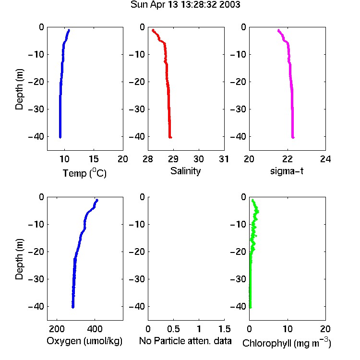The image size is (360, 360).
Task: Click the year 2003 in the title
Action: [229, 4]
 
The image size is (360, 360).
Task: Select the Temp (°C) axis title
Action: [84, 173]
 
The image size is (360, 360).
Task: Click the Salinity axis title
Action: [185, 171]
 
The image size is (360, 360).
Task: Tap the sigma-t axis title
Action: [287, 171]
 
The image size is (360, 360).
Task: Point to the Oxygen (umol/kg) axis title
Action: [84, 341]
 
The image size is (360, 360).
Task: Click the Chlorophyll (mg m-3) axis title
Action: [287, 343]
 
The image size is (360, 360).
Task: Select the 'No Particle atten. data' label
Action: [185, 341]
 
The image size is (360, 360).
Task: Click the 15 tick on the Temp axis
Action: [94, 159]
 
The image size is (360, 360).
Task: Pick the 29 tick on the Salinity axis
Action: [173, 159]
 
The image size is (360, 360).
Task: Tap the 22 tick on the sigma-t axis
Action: [287, 159]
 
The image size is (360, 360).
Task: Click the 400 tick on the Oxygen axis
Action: [95, 329]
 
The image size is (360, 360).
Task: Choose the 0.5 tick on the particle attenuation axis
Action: [173, 329]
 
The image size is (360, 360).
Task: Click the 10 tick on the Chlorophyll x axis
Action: [287, 329]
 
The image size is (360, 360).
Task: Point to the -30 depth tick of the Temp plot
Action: [36, 109]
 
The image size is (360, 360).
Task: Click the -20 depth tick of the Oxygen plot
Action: [36, 252]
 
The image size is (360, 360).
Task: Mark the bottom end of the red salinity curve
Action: [170, 137]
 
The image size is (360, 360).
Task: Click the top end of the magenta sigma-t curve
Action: [278, 30]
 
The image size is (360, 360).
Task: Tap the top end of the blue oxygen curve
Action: [97, 200]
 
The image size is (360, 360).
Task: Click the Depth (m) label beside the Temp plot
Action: [19, 89]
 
